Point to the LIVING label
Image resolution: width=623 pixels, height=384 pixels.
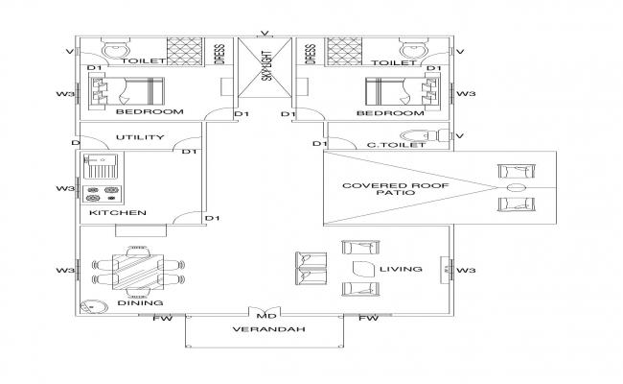[x=401, y=270]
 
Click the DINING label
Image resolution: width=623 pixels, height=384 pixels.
[x=133, y=303]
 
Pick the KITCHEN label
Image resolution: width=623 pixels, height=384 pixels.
[x=117, y=212]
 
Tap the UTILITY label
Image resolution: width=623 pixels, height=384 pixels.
[x=140, y=137]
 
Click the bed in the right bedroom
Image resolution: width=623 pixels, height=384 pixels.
[x=395, y=92]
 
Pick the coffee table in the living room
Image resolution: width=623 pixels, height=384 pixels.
[x=362, y=269]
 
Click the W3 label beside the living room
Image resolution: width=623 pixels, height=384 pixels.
[x=466, y=270]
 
